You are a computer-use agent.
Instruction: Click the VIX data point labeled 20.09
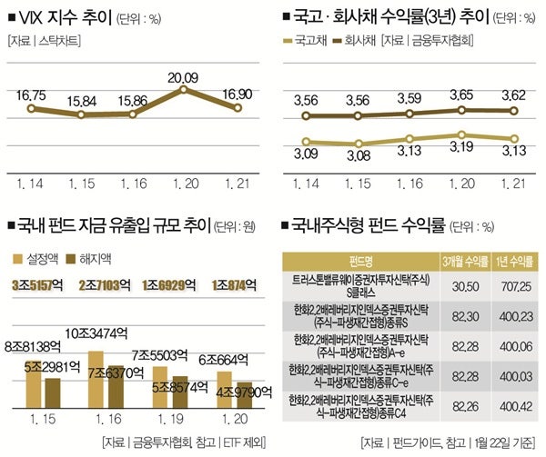point(186,90)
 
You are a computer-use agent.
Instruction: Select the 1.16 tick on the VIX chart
point(133,184)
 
